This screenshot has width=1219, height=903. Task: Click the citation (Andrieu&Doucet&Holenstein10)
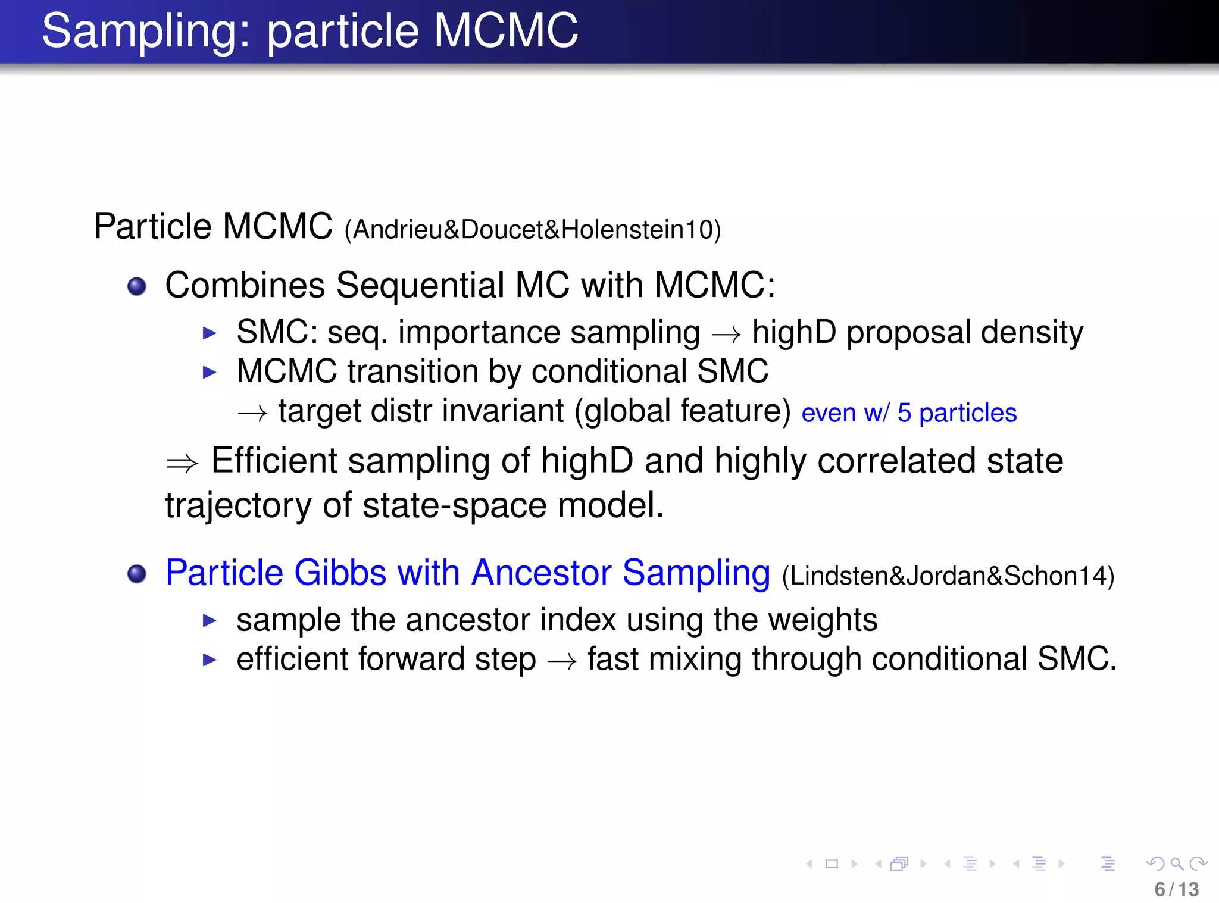click(533, 230)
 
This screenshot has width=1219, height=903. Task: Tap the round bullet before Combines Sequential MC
click(137, 286)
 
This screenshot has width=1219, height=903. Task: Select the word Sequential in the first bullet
click(420, 285)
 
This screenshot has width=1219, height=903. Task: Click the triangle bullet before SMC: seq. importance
click(209, 333)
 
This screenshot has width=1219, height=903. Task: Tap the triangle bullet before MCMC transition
click(209, 373)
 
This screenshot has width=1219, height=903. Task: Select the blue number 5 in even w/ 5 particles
click(904, 413)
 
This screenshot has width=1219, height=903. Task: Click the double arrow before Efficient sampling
click(182, 463)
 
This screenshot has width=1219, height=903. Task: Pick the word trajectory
click(238, 506)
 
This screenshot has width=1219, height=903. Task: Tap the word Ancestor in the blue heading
click(541, 573)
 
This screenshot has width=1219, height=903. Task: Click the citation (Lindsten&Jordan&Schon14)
click(948, 576)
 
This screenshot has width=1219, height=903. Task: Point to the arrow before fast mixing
click(562, 661)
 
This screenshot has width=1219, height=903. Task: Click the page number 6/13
click(1176, 889)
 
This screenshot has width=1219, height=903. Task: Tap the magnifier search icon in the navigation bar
click(1176, 864)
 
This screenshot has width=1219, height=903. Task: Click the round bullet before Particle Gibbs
click(137, 574)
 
